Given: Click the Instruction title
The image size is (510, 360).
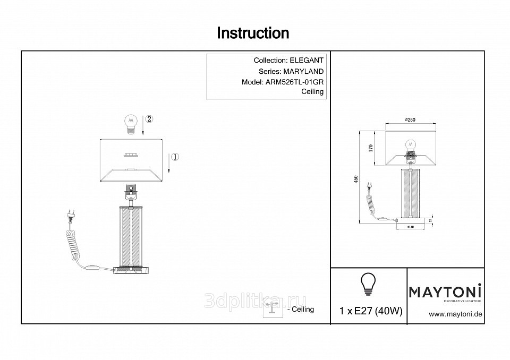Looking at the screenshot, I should (253, 33).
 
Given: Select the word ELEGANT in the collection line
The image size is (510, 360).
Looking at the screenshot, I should (307, 61).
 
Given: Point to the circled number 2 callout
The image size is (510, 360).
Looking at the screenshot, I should (149, 119).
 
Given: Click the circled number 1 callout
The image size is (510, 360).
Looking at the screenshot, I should (176, 157).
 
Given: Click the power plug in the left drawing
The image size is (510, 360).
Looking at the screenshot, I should (69, 215).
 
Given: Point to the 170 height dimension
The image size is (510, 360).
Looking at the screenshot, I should (371, 147).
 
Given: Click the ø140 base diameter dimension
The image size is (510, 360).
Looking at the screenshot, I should (410, 227).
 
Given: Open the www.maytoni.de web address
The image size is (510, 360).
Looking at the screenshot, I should (455, 314).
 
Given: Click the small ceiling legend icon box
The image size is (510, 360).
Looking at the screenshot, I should (273, 307).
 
